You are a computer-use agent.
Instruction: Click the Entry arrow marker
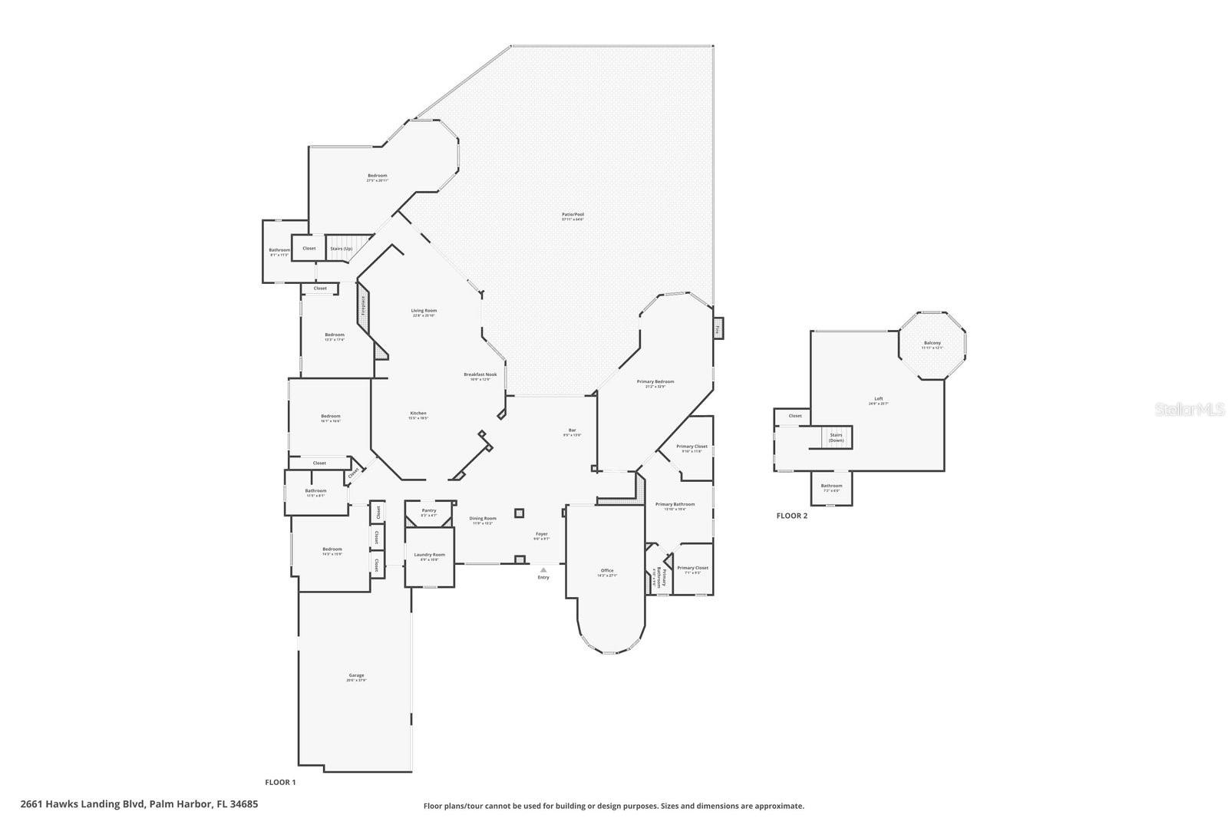pyautogui.click(x=543, y=570)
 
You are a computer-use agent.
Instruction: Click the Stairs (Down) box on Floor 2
pyautogui.click(x=836, y=437)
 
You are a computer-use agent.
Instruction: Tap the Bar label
pyautogui.click(x=572, y=431)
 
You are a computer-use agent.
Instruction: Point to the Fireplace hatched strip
pyautogui.click(x=363, y=306)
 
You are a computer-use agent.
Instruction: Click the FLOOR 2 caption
pyautogui.click(x=791, y=516)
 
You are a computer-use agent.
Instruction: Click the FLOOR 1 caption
pyautogui.click(x=280, y=782)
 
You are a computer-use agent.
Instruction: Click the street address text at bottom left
pyautogui.click(x=139, y=804)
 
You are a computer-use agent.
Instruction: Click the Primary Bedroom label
pyautogui.click(x=655, y=383)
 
